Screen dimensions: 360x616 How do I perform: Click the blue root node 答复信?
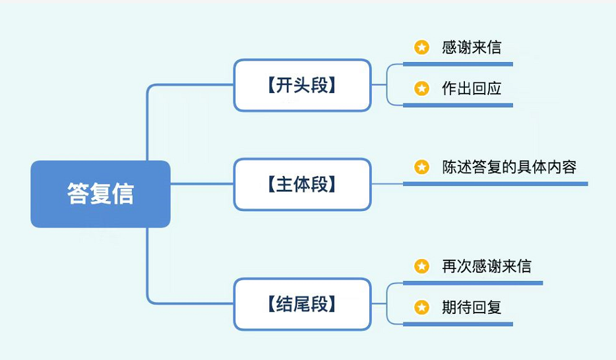(x=100, y=194)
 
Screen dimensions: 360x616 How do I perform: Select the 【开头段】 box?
(x=302, y=85)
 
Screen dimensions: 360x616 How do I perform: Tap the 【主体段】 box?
(x=302, y=184)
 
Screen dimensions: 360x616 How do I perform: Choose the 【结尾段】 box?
(x=302, y=304)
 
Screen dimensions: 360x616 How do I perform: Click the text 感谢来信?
(x=471, y=47)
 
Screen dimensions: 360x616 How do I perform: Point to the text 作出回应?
(x=471, y=88)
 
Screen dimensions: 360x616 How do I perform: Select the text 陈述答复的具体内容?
(x=509, y=167)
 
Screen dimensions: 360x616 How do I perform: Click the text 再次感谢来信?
(x=486, y=266)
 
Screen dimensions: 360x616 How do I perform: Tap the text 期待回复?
(x=471, y=307)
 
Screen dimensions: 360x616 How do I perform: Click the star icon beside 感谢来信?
(x=421, y=47)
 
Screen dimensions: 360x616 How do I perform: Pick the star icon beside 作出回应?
(x=421, y=88)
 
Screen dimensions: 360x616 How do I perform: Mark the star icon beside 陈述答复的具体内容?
(x=421, y=167)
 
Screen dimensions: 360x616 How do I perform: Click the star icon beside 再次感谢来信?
(x=421, y=266)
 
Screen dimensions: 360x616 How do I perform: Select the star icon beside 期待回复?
(x=421, y=307)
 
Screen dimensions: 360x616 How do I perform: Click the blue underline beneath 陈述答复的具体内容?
(x=495, y=184)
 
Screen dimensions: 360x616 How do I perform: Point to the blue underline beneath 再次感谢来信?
(x=472, y=283)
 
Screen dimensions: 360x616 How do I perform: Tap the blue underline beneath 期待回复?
(x=457, y=324)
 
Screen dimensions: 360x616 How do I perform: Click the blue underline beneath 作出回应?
(x=457, y=105)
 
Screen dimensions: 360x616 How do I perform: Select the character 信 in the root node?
(x=123, y=194)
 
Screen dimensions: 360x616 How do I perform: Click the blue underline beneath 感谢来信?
(x=457, y=64)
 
